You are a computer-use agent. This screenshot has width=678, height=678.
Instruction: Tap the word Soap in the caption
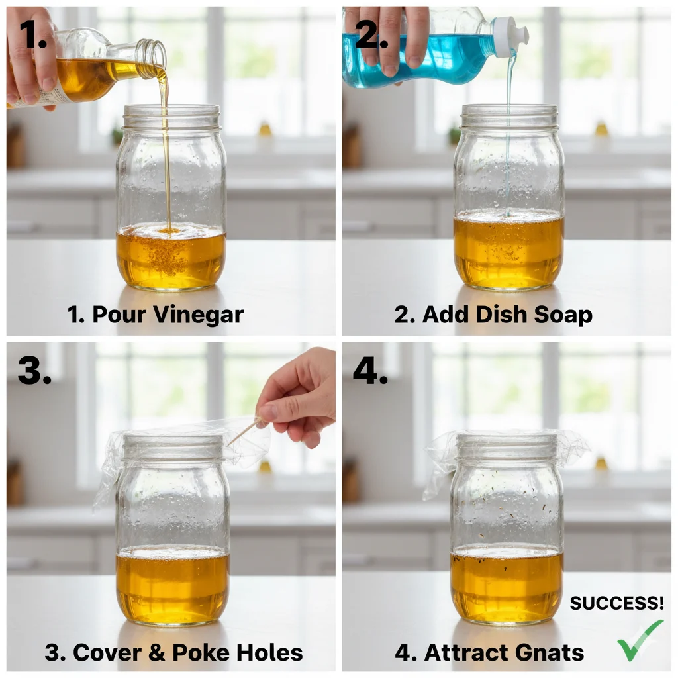563,315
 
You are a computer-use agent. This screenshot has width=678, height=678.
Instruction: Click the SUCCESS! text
616,603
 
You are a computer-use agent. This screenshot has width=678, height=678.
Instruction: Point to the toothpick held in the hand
245,430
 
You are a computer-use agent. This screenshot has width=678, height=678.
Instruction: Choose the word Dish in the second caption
502,315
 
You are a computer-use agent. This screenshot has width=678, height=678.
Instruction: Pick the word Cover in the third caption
107,652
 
